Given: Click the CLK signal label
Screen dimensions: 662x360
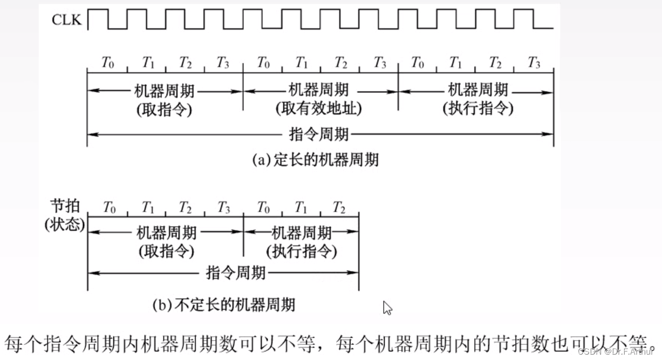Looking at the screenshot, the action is point(66,20).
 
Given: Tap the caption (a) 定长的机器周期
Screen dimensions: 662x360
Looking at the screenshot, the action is point(315,160).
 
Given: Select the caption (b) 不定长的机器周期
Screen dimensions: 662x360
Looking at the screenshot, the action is point(224,305).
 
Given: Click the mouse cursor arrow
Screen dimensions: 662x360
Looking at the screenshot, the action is point(387,308).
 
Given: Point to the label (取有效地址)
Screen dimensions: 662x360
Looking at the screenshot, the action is point(318,108).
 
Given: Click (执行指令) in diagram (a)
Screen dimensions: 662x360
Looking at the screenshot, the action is point(478,108).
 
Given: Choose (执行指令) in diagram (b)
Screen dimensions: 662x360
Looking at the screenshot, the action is point(302,252).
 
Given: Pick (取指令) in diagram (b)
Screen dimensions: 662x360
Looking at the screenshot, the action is point(166,252).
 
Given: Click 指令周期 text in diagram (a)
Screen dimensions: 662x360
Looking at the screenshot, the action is point(318,134).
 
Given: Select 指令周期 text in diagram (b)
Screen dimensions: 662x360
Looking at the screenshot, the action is point(236,273).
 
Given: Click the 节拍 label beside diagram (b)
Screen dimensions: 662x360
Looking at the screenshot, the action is point(65,206).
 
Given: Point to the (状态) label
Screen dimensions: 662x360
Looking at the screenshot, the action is point(65,225).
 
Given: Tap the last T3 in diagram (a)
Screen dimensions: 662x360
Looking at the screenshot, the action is point(534,63).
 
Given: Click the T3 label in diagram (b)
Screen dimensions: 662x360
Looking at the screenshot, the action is point(223,207).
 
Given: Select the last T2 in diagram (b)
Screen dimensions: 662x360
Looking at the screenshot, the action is point(339,207).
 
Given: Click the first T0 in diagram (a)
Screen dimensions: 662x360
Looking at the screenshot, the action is point(108,63).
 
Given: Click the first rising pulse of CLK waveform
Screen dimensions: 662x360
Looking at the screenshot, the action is point(98,10).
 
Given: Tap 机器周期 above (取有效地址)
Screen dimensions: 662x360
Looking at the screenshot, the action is point(318,90).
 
